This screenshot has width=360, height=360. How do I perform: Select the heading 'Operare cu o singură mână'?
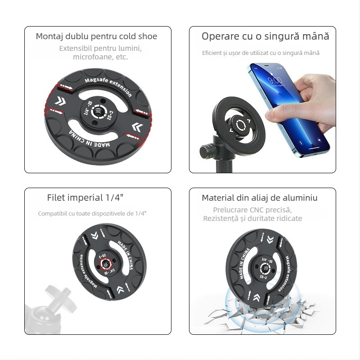click(x=265, y=36)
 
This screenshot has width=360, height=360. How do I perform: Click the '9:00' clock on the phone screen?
click(x=274, y=81)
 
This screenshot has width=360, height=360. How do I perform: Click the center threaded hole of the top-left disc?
click(x=98, y=112)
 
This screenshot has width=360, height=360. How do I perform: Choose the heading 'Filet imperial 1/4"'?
click(x=85, y=198)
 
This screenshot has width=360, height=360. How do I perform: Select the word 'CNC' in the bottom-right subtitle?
click(x=261, y=210)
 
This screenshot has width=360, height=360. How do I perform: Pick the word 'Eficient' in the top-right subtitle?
click(x=211, y=53)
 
